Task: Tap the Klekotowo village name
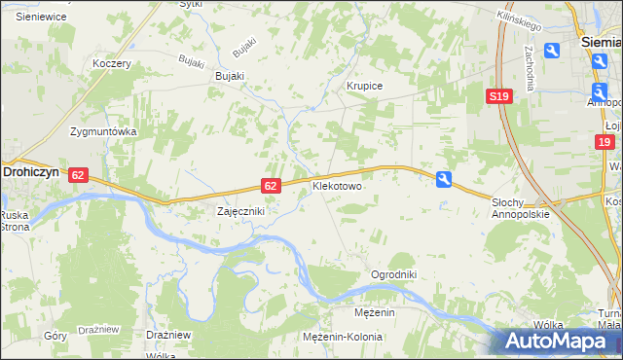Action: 337,184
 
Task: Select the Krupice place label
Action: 365,86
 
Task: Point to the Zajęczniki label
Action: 240,210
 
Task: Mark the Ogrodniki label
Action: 393,274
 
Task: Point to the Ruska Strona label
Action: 15,221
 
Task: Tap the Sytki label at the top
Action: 191,4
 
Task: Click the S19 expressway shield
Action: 499,96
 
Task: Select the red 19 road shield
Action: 605,142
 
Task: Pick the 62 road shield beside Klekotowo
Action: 273,185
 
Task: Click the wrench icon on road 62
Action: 444,179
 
